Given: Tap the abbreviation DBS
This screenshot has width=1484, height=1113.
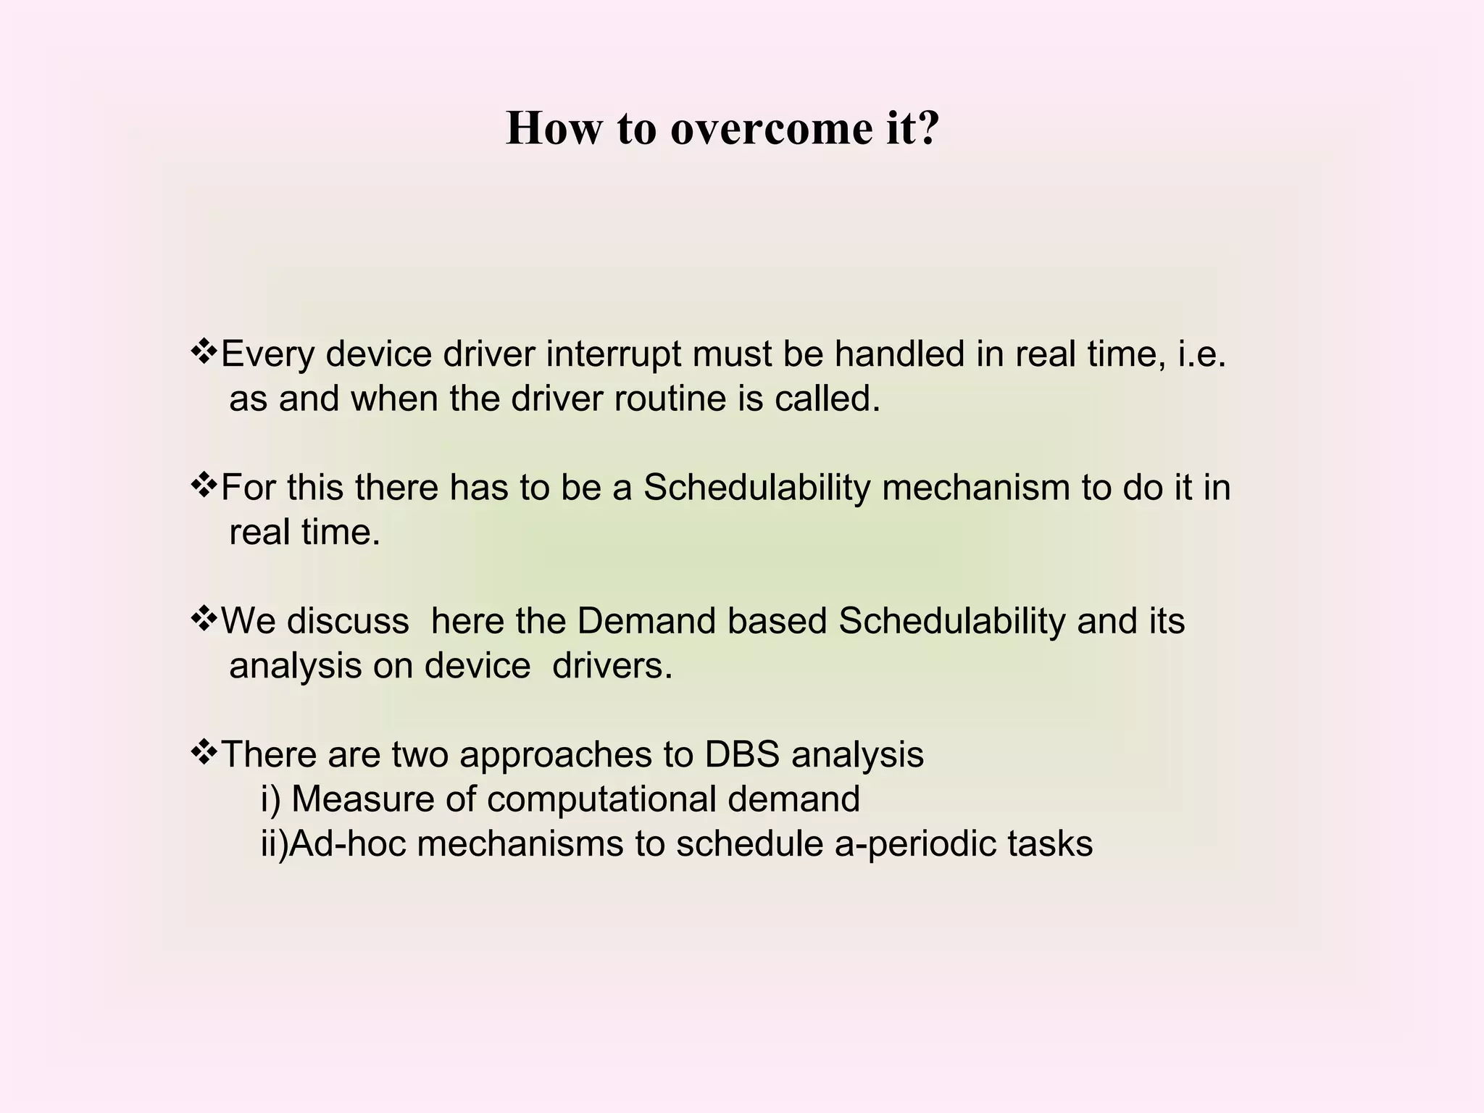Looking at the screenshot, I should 741,754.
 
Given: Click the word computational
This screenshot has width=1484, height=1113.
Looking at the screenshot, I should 601,799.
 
